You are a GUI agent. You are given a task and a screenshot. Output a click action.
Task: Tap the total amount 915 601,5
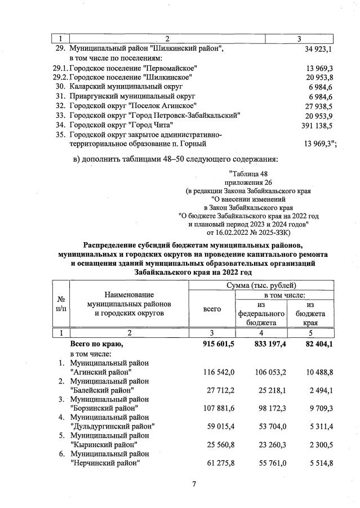tap(216, 344)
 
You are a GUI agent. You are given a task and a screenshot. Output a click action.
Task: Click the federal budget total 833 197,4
tap(265, 344)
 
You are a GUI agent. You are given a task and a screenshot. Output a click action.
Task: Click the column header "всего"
tap(211, 309)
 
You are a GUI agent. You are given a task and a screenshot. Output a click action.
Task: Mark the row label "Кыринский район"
tap(104, 445)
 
